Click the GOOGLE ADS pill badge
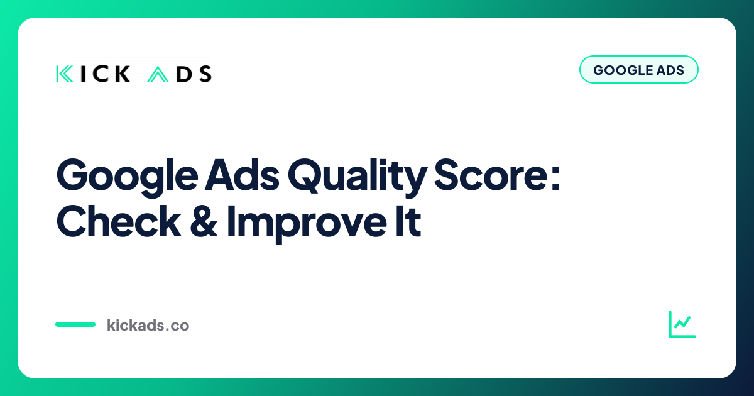(x=638, y=69)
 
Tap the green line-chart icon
(x=682, y=324)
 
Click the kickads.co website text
(x=148, y=325)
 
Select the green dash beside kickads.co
(x=75, y=324)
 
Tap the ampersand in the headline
(x=204, y=221)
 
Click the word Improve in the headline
(x=307, y=223)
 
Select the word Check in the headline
(x=119, y=221)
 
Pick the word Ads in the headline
(x=242, y=175)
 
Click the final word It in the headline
(x=408, y=221)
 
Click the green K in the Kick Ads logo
(x=64, y=74)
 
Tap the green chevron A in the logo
(x=158, y=74)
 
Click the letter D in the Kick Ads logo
(x=184, y=74)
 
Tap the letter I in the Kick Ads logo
(x=83, y=74)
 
